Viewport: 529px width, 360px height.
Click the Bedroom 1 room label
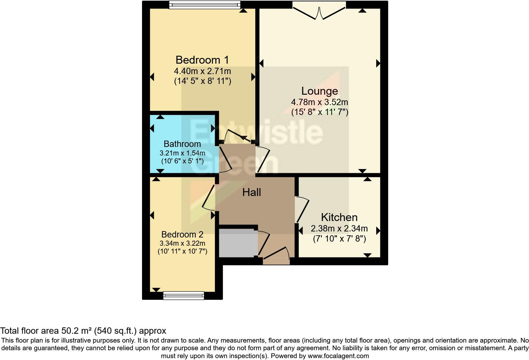(x=202, y=60)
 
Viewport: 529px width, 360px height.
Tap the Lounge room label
(x=320, y=91)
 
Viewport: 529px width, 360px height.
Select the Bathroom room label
(x=182, y=144)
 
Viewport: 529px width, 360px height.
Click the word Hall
(x=252, y=192)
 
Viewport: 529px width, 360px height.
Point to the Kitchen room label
(x=339, y=217)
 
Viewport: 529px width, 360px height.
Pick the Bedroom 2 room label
(x=182, y=235)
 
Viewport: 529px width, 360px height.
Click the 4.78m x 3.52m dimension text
(x=320, y=102)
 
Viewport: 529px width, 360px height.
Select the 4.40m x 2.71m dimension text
(x=202, y=71)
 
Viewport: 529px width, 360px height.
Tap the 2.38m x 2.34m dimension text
(x=339, y=228)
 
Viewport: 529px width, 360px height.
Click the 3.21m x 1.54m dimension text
(x=182, y=153)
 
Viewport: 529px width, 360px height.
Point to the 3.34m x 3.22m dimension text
(x=182, y=243)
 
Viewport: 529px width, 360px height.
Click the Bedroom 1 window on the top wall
(x=205, y=4)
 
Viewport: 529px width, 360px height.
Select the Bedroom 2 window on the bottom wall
(x=184, y=296)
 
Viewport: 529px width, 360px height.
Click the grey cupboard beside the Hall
(x=237, y=243)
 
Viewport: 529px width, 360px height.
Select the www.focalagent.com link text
(x=338, y=356)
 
